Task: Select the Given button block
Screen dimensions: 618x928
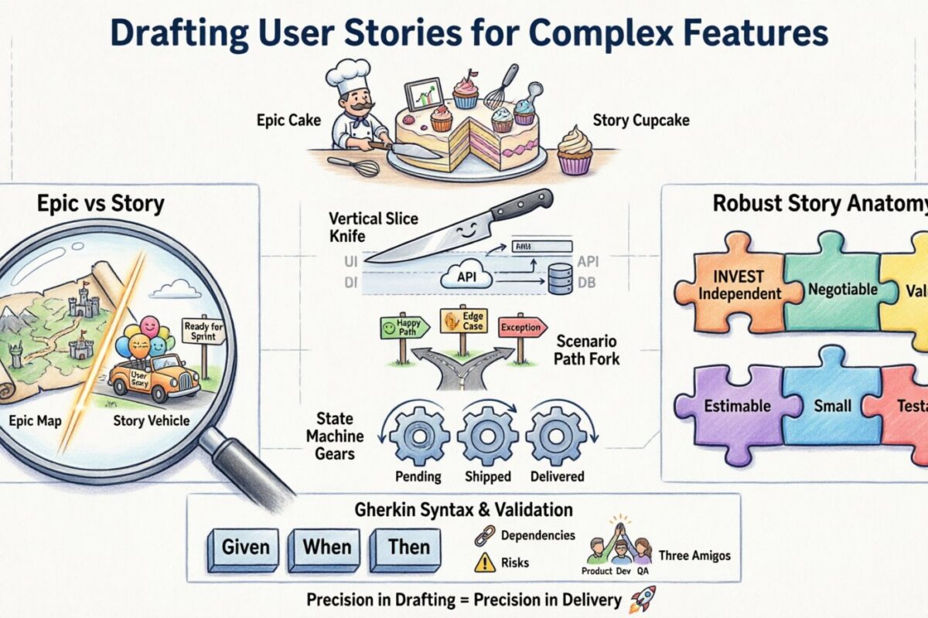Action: click(x=246, y=548)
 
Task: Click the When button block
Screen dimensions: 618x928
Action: click(x=326, y=548)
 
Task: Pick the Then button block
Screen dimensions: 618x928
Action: click(x=408, y=548)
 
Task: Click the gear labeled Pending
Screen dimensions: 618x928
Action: click(x=418, y=436)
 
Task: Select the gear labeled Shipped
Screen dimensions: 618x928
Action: click(x=487, y=436)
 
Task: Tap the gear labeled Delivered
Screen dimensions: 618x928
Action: click(x=556, y=436)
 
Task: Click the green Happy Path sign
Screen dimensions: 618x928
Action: click(x=401, y=328)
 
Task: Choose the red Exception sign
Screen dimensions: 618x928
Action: click(x=522, y=327)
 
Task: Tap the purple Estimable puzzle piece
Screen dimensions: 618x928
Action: click(x=732, y=405)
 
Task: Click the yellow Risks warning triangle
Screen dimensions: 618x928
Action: click(x=485, y=562)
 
